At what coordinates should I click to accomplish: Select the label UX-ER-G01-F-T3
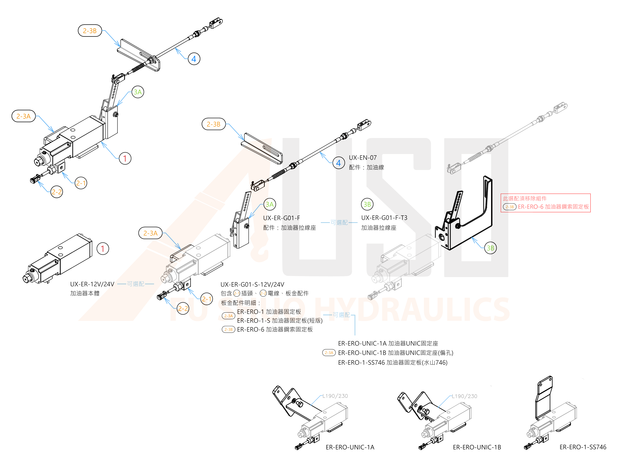(x=384, y=218)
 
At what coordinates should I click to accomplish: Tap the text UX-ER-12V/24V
(x=92, y=284)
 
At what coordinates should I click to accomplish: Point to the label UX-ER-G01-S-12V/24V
(x=252, y=284)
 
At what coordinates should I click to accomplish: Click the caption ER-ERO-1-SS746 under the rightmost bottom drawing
(x=583, y=447)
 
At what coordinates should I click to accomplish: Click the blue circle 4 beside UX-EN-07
(x=339, y=163)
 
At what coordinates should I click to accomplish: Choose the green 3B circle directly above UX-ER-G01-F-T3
(x=367, y=204)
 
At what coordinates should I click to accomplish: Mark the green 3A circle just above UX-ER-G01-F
(x=269, y=204)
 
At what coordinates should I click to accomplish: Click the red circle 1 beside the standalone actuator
(x=103, y=249)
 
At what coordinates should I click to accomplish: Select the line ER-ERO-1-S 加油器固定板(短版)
(x=279, y=321)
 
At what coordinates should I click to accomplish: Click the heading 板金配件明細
(x=241, y=303)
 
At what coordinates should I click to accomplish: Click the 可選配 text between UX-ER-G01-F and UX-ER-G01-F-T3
(x=339, y=223)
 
